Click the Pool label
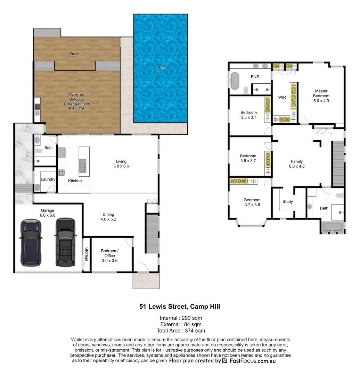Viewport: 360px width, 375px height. [161, 67]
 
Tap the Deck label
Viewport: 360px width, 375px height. [74, 54]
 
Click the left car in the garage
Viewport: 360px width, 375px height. [31, 242]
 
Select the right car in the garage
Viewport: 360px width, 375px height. [65, 242]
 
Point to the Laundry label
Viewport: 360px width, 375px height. [48, 179]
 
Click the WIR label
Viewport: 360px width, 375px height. [282, 97]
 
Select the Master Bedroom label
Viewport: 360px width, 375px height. [321, 96]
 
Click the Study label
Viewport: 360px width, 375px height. [287, 201]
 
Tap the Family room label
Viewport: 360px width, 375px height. [297, 164]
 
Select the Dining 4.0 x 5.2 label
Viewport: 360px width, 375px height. [108, 217]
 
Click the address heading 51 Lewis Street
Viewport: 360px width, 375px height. [180, 306]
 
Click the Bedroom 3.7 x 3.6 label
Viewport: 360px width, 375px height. [252, 202]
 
